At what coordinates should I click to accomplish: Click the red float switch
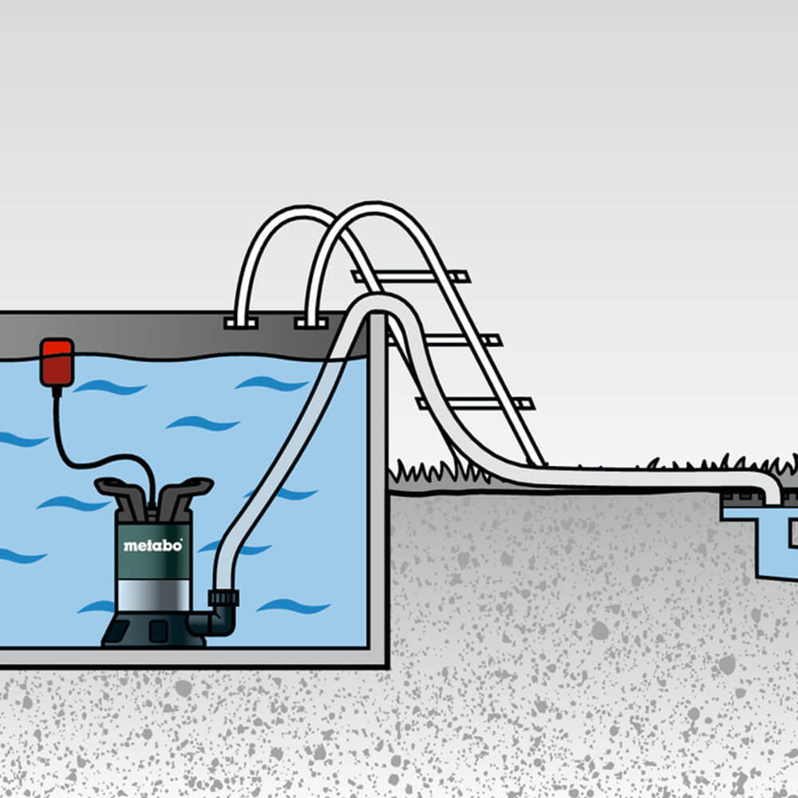coord(57,362)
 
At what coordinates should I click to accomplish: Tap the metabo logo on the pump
coord(152,546)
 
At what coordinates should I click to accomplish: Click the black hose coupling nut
coord(223,598)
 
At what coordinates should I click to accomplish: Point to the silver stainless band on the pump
coord(153,595)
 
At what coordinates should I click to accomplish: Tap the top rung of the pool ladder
coord(410,277)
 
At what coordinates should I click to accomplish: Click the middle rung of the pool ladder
coord(444,340)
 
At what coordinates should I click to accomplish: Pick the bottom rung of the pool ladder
coord(476,404)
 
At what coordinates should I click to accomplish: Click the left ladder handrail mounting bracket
coord(241,322)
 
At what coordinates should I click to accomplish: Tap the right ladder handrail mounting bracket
coord(311,322)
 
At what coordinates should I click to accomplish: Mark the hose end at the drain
coord(772,494)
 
